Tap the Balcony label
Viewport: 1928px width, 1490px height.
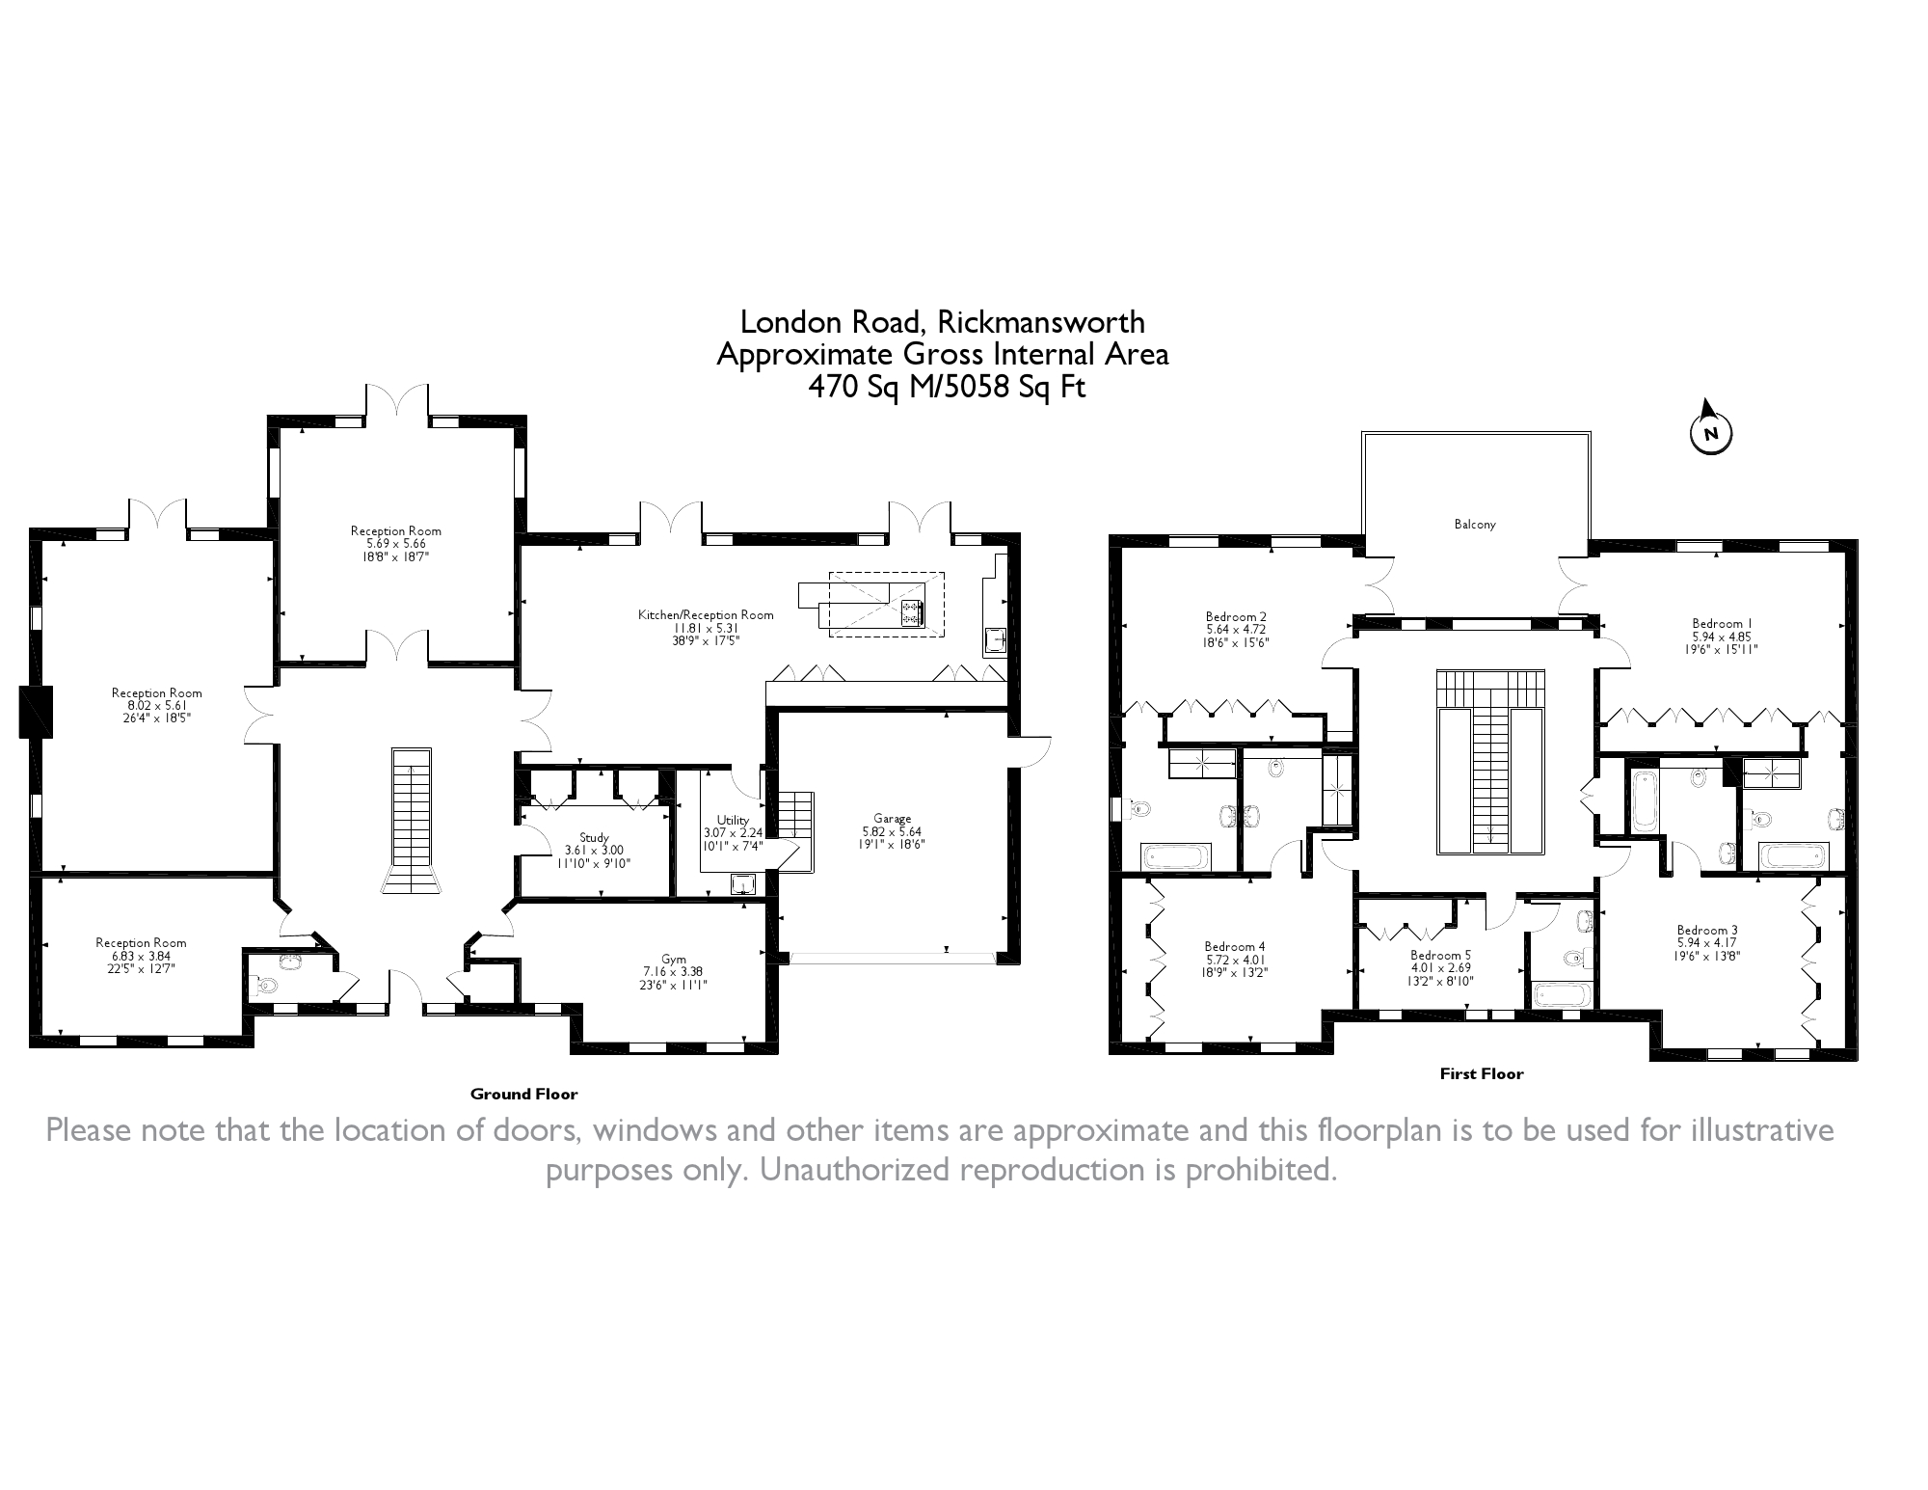click(x=1475, y=525)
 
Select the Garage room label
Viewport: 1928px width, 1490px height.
click(x=893, y=819)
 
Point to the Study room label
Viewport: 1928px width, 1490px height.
click(x=595, y=837)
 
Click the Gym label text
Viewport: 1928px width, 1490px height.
click(x=674, y=959)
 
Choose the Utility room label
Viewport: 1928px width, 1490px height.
click(x=733, y=820)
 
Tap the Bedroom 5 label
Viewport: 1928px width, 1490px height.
click(x=1441, y=955)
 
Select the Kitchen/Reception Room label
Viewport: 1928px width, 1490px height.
click(x=706, y=614)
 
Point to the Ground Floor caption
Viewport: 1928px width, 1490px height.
click(x=524, y=1094)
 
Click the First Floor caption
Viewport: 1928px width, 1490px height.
click(x=1482, y=1073)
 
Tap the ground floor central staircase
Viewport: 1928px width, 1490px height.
click(x=412, y=821)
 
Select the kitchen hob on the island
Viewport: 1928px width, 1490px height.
click(x=911, y=612)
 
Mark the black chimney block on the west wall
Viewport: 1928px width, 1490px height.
click(x=36, y=712)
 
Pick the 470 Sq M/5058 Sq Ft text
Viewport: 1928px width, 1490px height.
click(x=947, y=387)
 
